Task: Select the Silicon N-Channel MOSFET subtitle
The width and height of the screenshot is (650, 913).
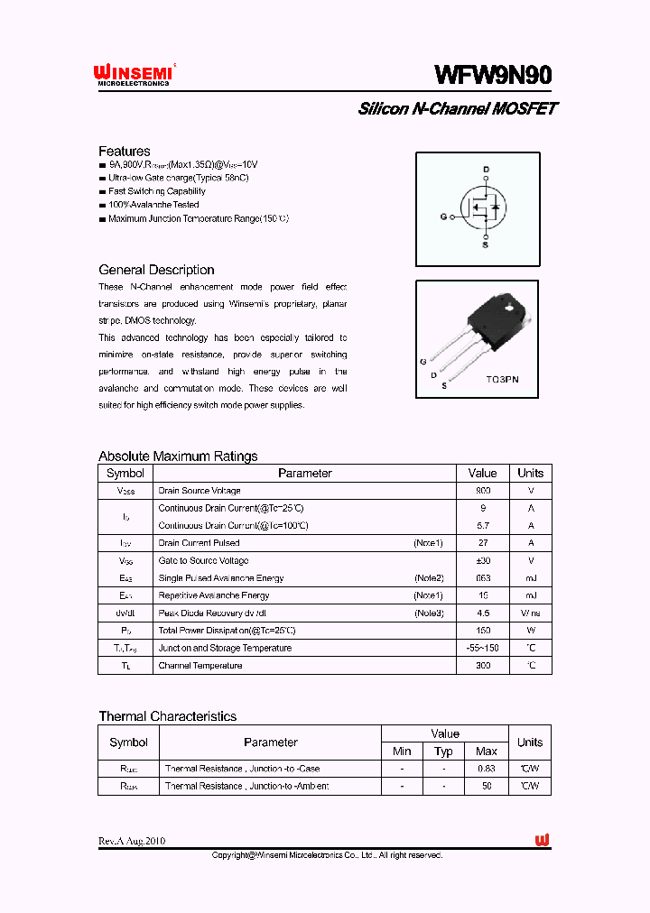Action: (458, 109)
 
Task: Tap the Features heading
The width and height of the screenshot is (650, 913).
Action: (124, 151)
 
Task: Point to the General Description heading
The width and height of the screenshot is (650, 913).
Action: (156, 270)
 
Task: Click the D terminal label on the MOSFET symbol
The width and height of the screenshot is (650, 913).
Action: (485, 170)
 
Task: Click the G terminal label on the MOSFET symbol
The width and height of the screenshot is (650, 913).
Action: (443, 217)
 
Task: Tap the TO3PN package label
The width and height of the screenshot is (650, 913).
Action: (501, 380)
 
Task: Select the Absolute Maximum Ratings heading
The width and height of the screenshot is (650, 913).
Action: (178, 456)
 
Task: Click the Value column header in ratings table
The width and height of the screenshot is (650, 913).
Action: (482, 473)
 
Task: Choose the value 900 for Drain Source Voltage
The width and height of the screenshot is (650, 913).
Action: (482, 491)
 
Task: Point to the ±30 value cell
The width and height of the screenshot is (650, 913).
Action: (482, 560)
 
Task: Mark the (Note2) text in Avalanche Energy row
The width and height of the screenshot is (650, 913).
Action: (429, 577)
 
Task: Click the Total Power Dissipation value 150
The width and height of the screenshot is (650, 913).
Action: (482, 631)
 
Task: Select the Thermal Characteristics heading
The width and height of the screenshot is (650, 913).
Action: (167, 716)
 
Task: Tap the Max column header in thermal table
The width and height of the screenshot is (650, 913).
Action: (486, 752)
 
